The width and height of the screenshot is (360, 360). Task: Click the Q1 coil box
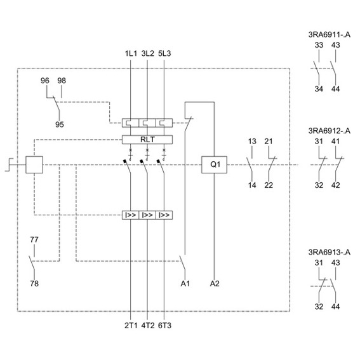pyautogui.click(x=214, y=164)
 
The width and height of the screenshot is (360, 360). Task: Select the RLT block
pyautogui.click(x=147, y=140)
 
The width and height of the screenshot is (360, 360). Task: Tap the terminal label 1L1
pyautogui.click(x=131, y=53)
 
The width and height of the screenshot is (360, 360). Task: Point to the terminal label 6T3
pyautogui.click(x=164, y=326)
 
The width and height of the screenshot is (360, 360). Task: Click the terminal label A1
pyautogui.click(x=185, y=284)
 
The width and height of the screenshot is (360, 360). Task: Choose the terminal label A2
pyautogui.click(x=215, y=284)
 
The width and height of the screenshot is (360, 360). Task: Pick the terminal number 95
pyautogui.click(x=60, y=124)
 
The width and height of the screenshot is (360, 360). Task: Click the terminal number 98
pyautogui.click(x=62, y=81)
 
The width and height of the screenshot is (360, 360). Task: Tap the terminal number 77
pyautogui.click(x=34, y=240)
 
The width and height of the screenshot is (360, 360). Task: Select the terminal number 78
pyautogui.click(x=34, y=284)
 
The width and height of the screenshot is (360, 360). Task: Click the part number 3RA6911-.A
pyautogui.click(x=330, y=35)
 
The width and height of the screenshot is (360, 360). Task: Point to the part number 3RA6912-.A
pyautogui.click(x=330, y=131)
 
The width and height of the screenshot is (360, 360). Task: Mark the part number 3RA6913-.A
pyautogui.click(x=330, y=252)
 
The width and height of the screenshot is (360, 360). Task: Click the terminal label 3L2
pyautogui.click(x=148, y=53)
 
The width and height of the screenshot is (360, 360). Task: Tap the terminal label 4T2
pyautogui.click(x=148, y=326)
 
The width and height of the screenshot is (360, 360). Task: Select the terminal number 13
pyautogui.click(x=252, y=142)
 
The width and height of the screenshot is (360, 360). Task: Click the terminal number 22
pyautogui.click(x=269, y=185)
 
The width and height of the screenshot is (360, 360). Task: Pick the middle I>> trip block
pyautogui.click(x=147, y=215)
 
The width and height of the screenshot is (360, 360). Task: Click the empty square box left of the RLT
pyautogui.click(x=34, y=164)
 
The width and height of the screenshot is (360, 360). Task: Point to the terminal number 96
pyautogui.click(x=45, y=81)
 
